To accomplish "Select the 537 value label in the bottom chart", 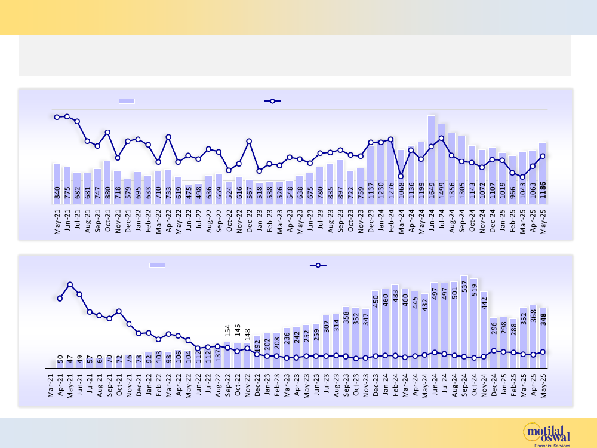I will pyautogui.click(x=464, y=286).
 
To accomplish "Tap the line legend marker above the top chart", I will pyautogui.click(x=272, y=101).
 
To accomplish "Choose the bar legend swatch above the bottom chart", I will pyautogui.click(x=157, y=265).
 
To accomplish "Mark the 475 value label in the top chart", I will pyautogui.click(x=189, y=192).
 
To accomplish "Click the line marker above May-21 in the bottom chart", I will pyautogui.click(x=70, y=285).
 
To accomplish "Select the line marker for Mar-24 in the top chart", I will pyautogui.click(x=401, y=176).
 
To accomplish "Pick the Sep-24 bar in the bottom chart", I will pyautogui.click(x=464, y=323).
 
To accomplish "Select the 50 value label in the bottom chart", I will pyautogui.click(x=60, y=360).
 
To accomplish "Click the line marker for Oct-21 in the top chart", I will pyautogui.click(x=107, y=132).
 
